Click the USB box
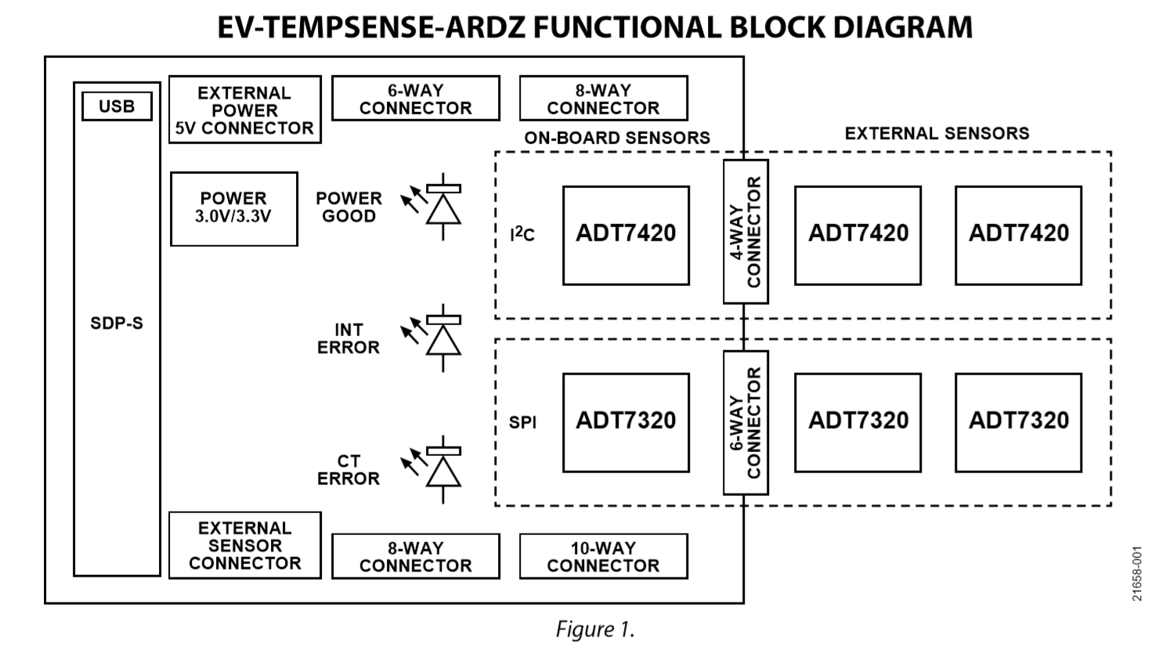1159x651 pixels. coord(117,107)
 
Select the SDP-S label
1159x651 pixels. coord(117,323)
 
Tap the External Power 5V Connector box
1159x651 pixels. coord(244,110)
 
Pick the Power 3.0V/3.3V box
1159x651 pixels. coord(233,208)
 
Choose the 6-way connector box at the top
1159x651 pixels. coord(415,99)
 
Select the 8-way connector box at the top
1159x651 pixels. coord(603,99)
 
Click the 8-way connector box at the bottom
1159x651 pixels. coord(415,556)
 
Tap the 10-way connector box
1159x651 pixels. coord(603,556)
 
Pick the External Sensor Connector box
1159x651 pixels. coord(244,545)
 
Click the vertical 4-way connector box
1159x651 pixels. coord(745,232)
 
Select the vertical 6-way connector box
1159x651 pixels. coord(745,422)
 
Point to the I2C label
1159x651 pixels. coord(522,233)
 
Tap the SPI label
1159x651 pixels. coord(522,422)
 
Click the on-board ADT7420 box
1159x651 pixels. coord(626,235)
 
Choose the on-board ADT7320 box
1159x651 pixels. coord(626,422)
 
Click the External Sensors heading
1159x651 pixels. coord(937,134)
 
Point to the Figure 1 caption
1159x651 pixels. coord(595,629)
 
